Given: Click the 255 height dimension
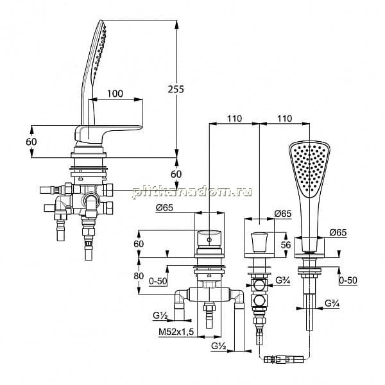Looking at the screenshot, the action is pyautogui.click(x=176, y=89).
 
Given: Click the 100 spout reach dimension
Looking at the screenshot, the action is pyautogui.click(x=115, y=94).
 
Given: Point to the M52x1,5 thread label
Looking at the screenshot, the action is pyautogui.click(x=176, y=332).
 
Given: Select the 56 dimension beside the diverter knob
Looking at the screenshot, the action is pyautogui.click(x=286, y=245).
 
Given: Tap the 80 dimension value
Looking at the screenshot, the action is pyautogui.click(x=139, y=276).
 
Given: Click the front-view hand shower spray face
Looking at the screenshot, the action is pyautogui.click(x=309, y=169).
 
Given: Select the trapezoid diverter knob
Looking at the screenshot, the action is pyautogui.click(x=259, y=243).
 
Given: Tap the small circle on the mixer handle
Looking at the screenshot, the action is pyautogui.click(x=209, y=239).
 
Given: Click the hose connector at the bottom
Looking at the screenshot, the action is pyautogui.click(x=284, y=360).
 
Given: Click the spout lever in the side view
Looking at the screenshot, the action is pyautogui.click(x=108, y=134).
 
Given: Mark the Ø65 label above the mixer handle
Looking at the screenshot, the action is pyautogui.click(x=164, y=208).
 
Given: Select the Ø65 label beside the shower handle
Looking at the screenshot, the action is pyautogui.click(x=338, y=232).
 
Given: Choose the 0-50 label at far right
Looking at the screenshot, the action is pyautogui.click(x=348, y=280).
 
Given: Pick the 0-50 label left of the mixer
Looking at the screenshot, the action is pyautogui.click(x=158, y=281).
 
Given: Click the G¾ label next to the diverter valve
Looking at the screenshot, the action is pyautogui.click(x=283, y=280).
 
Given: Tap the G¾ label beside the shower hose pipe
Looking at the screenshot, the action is pyautogui.click(x=332, y=304).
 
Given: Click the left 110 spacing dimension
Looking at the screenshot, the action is pyautogui.click(x=234, y=119).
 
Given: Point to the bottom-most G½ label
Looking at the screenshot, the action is pyautogui.click(x=219, y=346).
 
